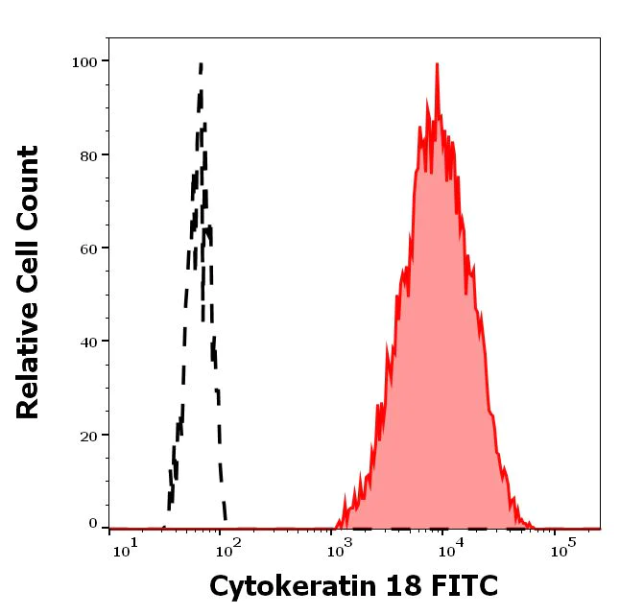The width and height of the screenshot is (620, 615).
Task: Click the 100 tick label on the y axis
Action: [84, 61]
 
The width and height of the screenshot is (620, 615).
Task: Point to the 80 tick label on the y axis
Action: [88, 154]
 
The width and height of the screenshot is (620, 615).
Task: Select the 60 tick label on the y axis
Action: [88, 248]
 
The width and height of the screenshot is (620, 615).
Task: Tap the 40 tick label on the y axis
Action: [88, 341]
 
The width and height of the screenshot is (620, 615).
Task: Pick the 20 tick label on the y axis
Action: [88, 435]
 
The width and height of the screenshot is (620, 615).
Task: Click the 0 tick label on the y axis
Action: [93, 524]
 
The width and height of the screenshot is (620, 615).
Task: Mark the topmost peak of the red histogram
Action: [437, 64]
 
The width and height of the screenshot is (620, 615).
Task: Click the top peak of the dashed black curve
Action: [201, 64]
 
